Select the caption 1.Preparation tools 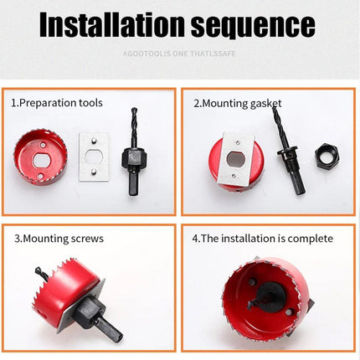click(x=56, y=103)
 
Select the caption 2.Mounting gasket click(x=238, y=103)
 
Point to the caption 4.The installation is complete click(x=262, y=239)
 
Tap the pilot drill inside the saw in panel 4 click(x=266, y=295)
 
